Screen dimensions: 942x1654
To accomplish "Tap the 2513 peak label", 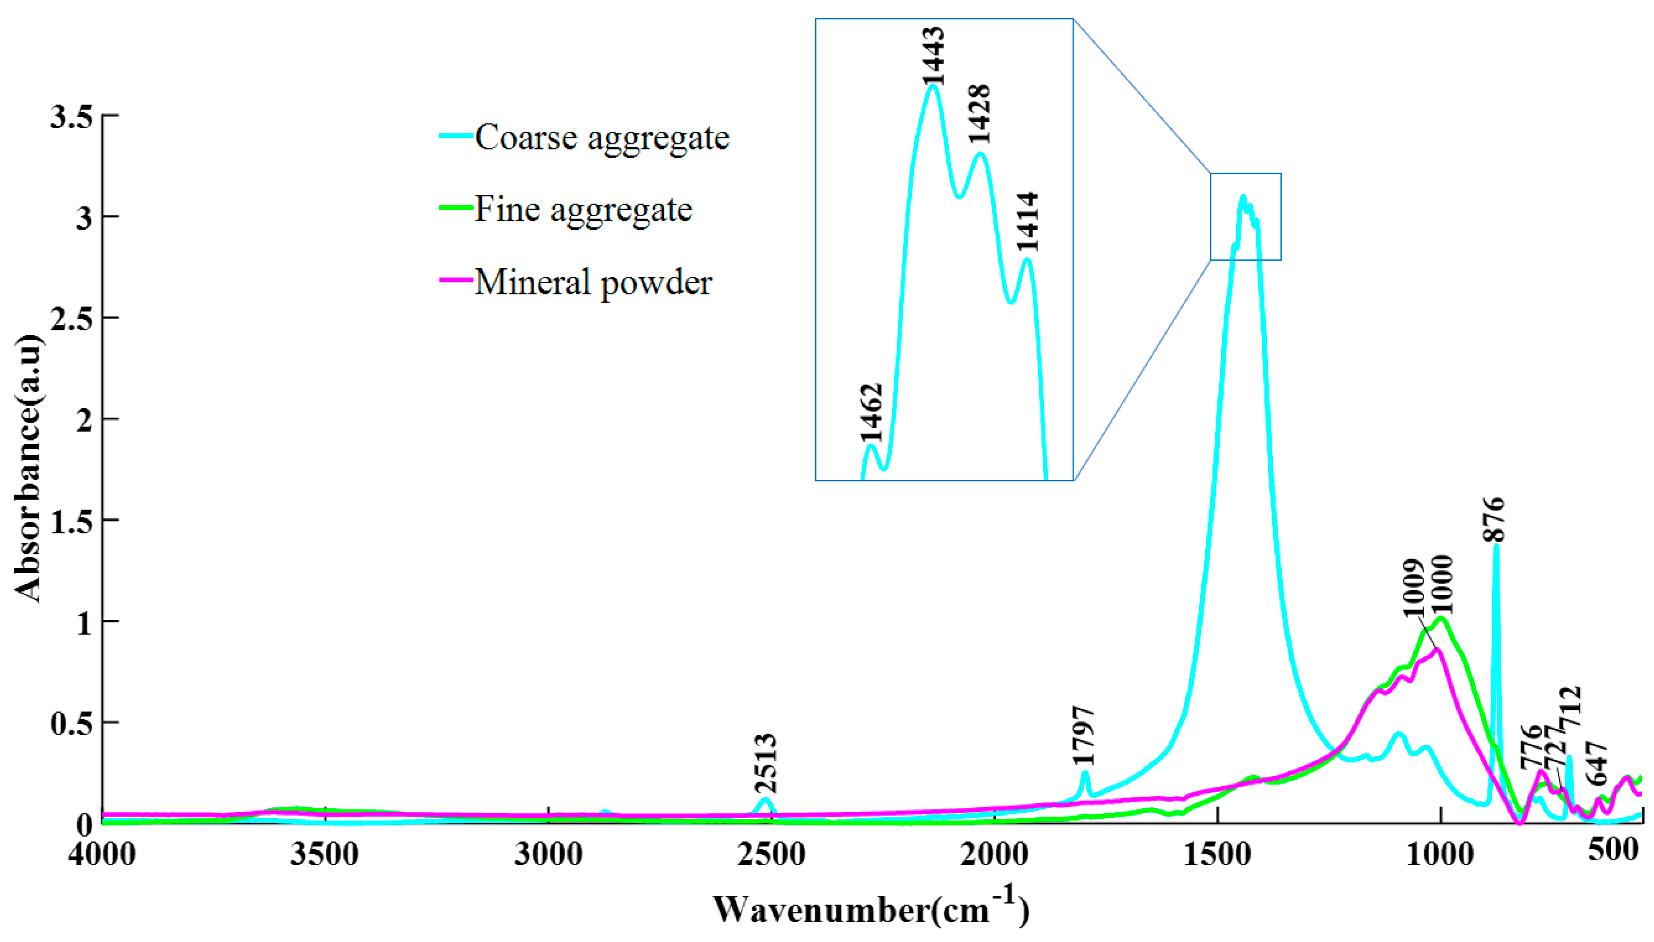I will click(x=766, y=763).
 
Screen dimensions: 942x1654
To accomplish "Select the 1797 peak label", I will click(x=1083, y=736).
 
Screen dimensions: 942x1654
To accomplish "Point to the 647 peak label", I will click(x=1597, y=763).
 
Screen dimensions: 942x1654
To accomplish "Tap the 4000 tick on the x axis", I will click(x=102, y=854).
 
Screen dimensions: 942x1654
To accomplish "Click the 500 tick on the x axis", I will click(x=1613, y=850).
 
